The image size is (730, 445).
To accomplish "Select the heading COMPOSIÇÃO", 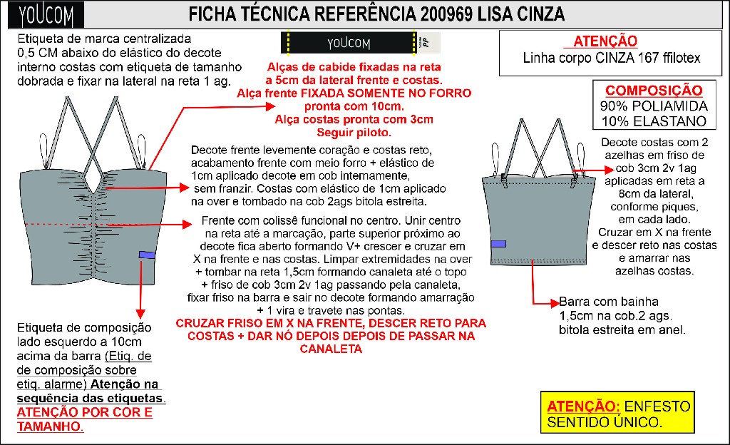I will pyautogui.click(x=653, y=91).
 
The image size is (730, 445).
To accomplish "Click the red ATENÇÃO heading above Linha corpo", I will pyautogui.click(x=605, y=41).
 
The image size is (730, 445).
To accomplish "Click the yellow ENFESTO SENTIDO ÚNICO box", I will pyautogui.click(x=617, y=414).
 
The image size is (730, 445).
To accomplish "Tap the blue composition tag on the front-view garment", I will pyautogui.click(x=148, y=255).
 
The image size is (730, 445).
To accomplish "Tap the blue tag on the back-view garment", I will pyautogui.click(x=499, y=243).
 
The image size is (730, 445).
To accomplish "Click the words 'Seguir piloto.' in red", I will pyautogui.click(x=354, y=132).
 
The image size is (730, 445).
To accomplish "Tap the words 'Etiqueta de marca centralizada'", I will pyautogui.click(x=94, y=37).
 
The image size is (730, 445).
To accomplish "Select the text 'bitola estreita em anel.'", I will pyautogui.click(x=622, y=329).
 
